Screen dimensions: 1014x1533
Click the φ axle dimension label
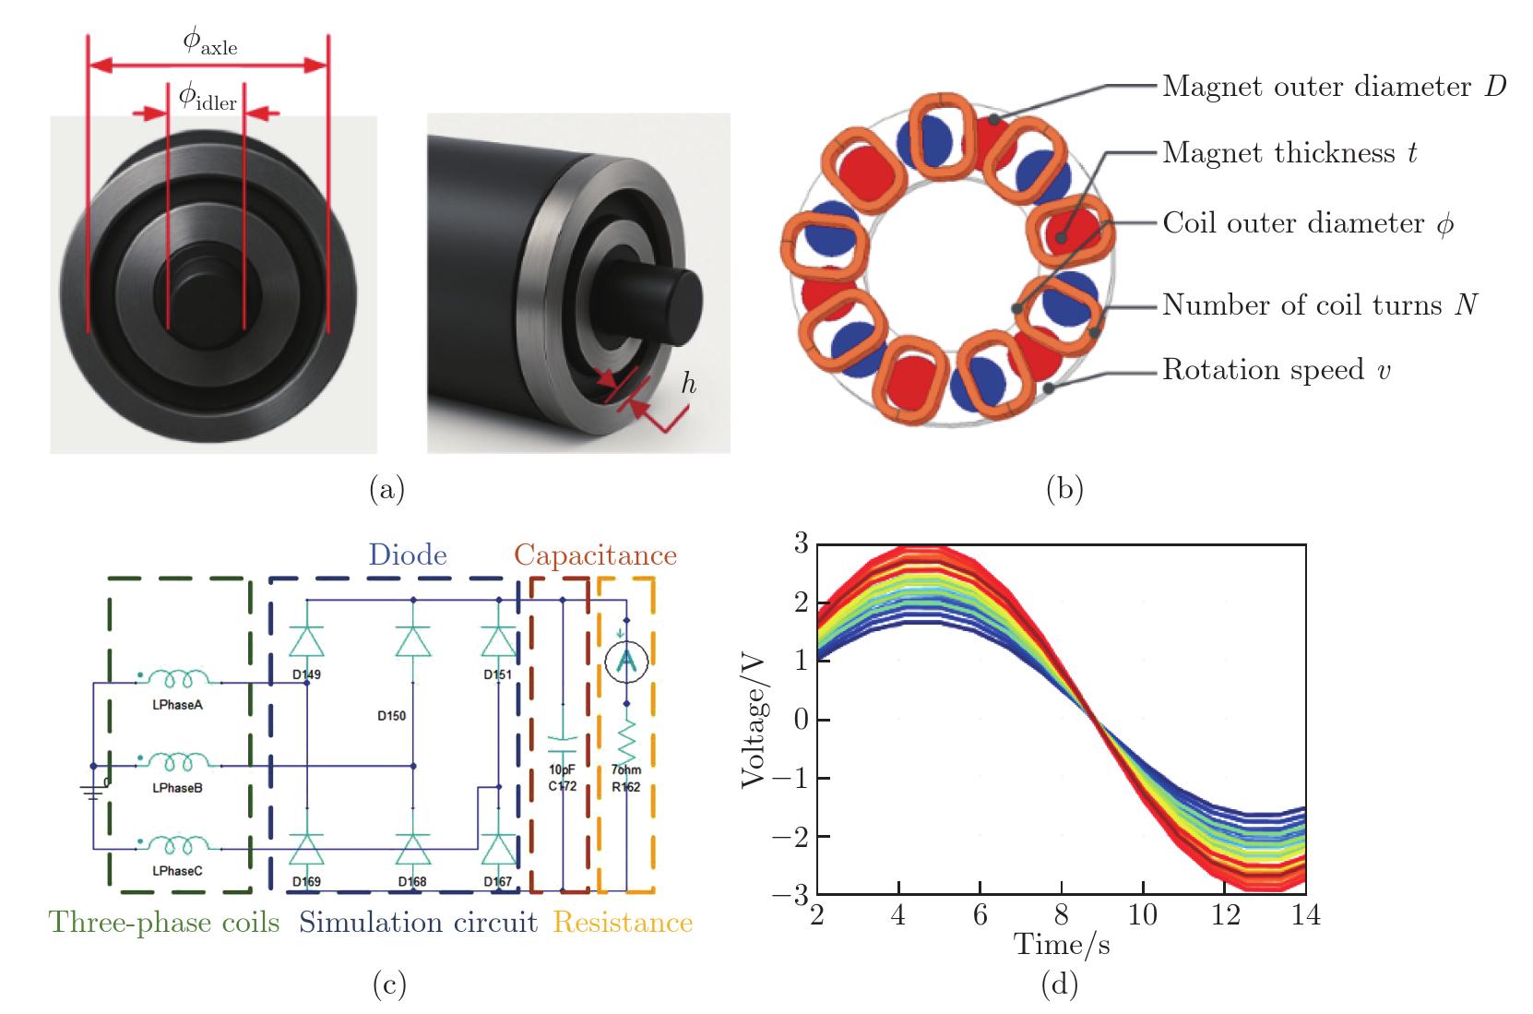(209, 42)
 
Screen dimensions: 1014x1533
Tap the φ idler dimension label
(208, 96)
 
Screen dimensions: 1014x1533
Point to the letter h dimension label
(688, 384)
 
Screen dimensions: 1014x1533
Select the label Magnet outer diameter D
(1334, 87)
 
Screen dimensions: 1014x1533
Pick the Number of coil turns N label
(1320, 304)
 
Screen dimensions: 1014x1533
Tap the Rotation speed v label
(1277, 370)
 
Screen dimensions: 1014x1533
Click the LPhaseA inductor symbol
(183, 680)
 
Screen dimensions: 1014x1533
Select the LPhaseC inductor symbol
(183, 844)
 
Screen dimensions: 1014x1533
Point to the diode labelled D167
(499, 848)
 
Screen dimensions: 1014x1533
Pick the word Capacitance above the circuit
(595, 555)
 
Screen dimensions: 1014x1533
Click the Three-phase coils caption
(164, 923)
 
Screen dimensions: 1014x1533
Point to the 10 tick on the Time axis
(1143, 915)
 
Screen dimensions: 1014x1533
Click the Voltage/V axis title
(755, 720)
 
